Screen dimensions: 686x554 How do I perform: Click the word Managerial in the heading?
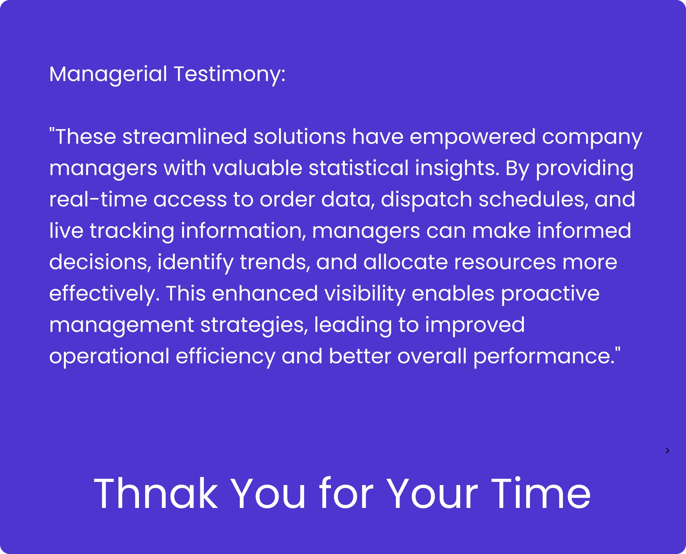[x=108, y=74]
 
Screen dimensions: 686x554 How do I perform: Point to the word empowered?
[x=473, y=137]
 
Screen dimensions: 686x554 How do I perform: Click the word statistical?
[x=359, y=168]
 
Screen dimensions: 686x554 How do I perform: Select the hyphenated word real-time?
[x=98, y=199]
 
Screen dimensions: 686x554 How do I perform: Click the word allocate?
[x=406, y=262]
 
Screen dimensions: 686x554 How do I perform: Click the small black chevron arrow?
[x=667, y=451]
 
